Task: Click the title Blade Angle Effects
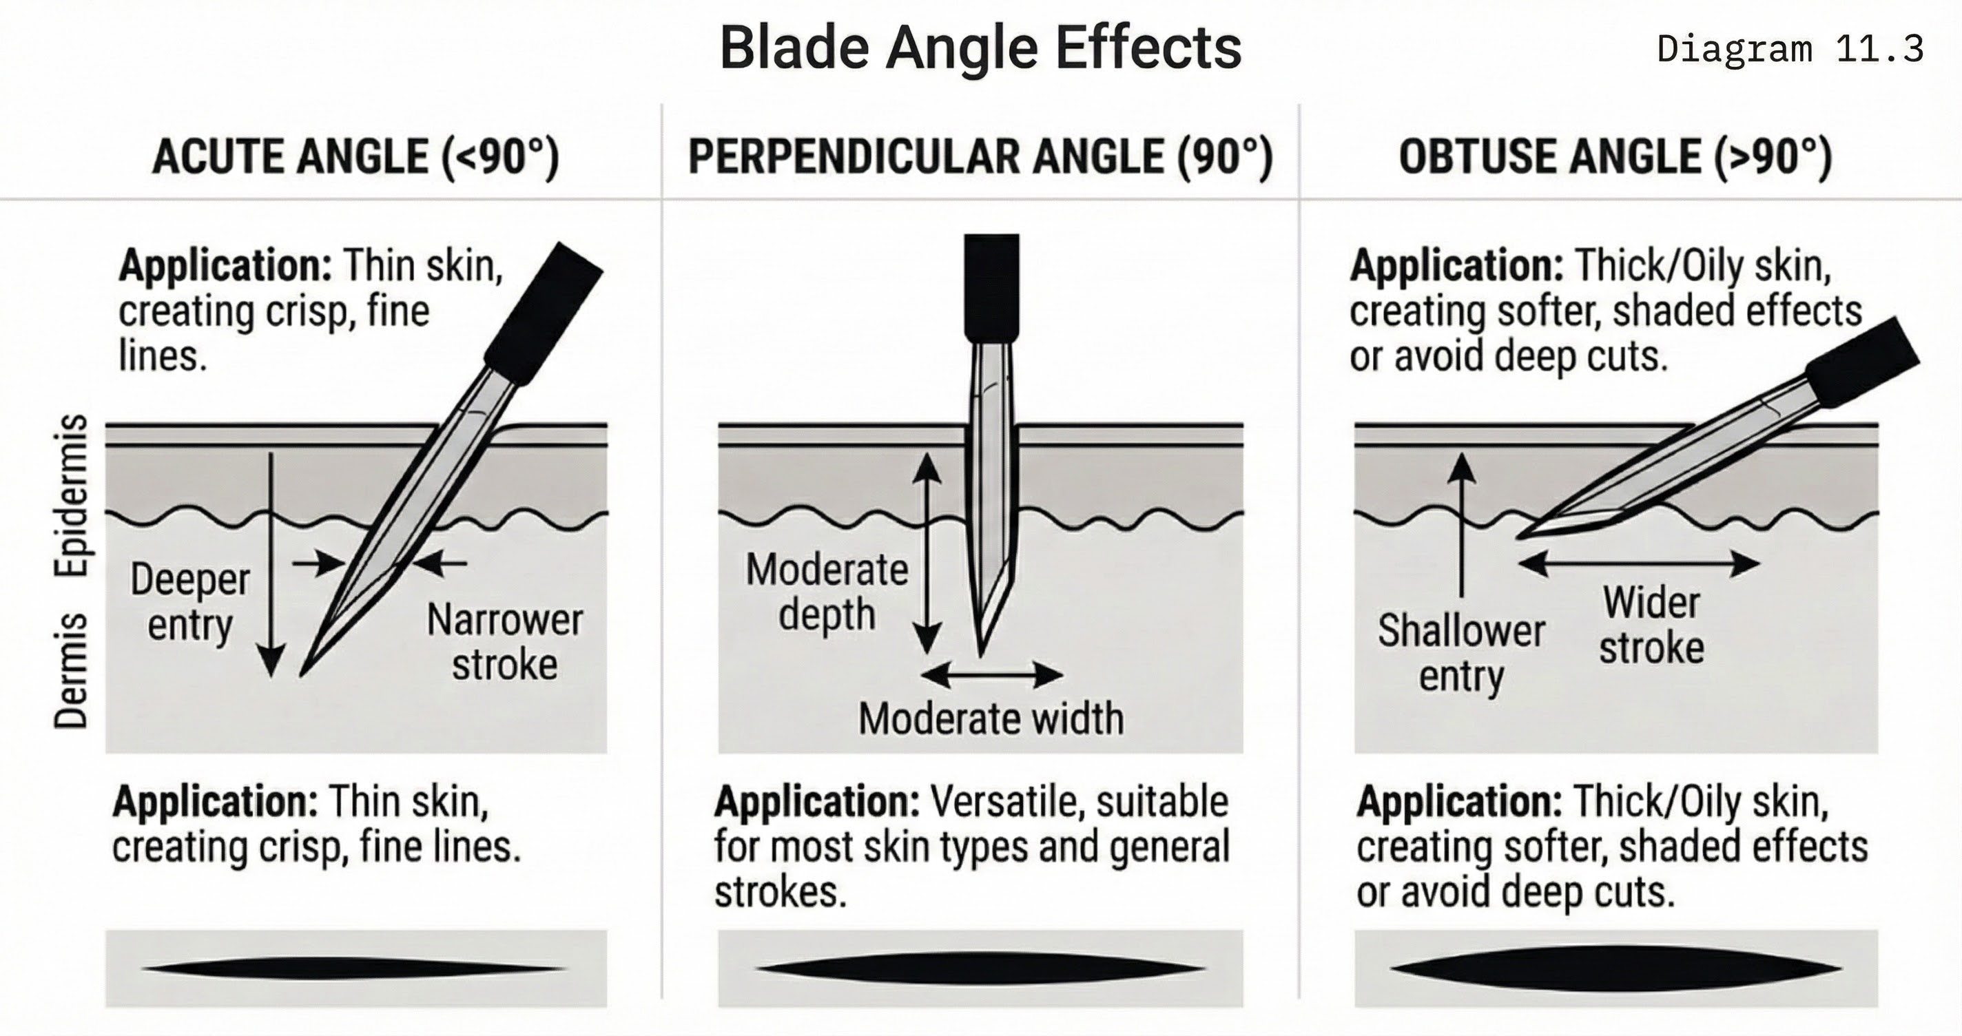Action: tap(980, 48)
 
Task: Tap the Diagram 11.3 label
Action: tap(1790, 49)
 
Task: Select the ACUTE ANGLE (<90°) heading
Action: tap(355, 157)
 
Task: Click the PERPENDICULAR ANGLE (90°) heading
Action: tap(980, 157)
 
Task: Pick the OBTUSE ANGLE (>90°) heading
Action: tap(1615, 157)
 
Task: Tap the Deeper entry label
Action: tap(189, 602)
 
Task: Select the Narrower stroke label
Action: tap(504, 641)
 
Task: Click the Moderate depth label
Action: tap(827, 591)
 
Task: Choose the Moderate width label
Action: tap(990, 718)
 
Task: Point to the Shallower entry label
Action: tap(1461, 653)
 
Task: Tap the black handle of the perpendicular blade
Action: tap(991, 286)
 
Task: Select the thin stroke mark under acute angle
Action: tap(355, 968)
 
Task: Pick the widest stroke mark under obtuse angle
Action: tap(1615, 968)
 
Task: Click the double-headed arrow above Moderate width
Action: tap(991, 674)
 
